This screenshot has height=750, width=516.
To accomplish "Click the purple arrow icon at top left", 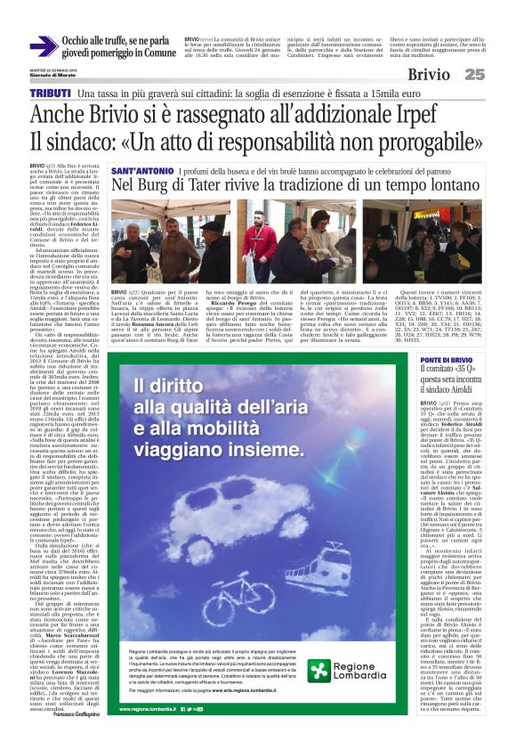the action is [x=43, y=46].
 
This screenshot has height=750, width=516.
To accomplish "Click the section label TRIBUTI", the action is [x=50, y=94].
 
